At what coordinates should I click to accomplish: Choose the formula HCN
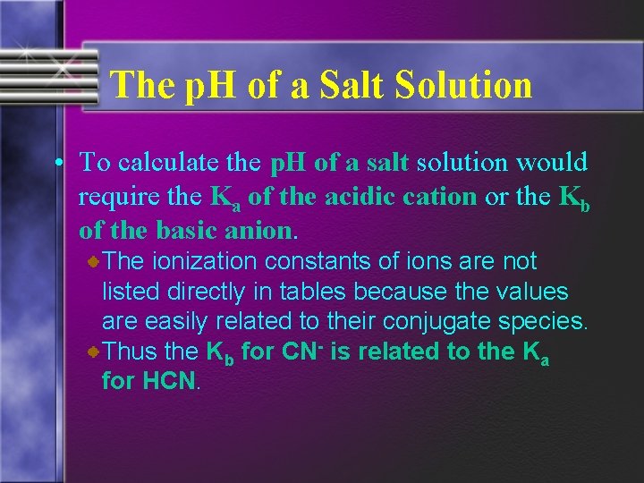(x=166, y=381)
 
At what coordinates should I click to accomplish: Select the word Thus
(x=128, y=352)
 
